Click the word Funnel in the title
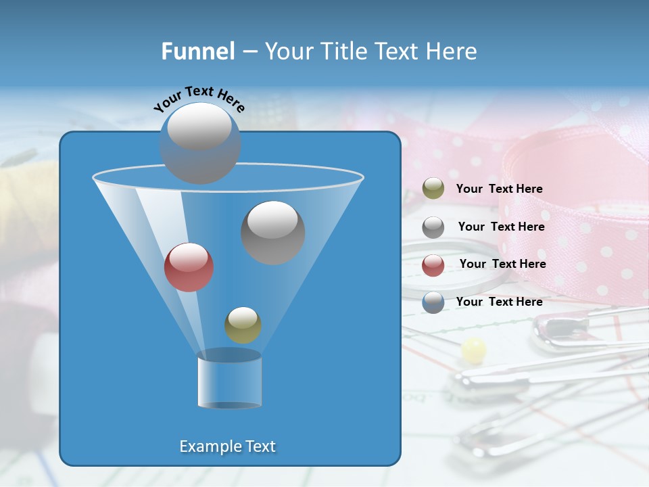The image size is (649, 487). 197,51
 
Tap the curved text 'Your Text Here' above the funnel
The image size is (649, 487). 199,98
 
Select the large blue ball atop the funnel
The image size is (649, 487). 199,143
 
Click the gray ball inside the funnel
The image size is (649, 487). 272,232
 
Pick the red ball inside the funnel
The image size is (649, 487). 189,267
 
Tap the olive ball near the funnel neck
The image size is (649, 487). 243,325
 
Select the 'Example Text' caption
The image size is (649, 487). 227,446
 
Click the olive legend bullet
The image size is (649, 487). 433,189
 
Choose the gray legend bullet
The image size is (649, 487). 433,227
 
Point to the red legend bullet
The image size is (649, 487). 433,265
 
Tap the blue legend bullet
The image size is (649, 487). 433,302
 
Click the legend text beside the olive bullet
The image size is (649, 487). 499,189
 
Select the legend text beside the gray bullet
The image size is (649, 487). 501,227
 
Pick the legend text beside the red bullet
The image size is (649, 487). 502,264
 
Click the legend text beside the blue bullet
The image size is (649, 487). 499,302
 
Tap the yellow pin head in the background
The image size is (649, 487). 473,349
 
